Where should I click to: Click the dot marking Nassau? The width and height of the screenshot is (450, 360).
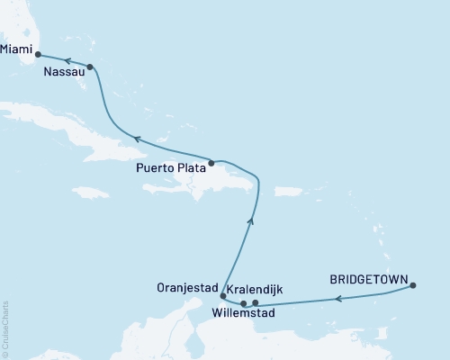click(x=90, y=67)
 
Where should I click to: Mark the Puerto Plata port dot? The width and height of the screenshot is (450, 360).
click(x=211, y=163)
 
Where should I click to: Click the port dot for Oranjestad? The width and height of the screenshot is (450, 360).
click(x=222, y=295)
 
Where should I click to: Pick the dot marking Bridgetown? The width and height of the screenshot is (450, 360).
click(x=413, y=286)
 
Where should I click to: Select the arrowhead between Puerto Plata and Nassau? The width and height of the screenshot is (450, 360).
click(x=135, y=139)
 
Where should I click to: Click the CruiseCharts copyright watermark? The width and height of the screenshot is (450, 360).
click(x=6, y=328)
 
